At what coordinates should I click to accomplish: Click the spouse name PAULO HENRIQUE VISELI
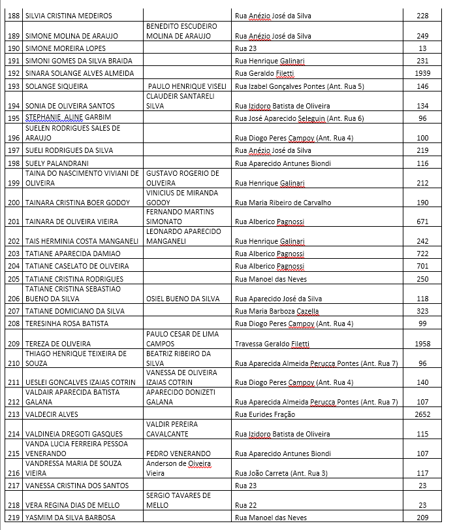click(x=187, y=86)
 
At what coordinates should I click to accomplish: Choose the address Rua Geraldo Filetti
click(x=268, y=74)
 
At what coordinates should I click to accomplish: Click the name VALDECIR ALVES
click(x=52, y=414)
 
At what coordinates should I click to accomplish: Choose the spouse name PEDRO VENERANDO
click(x=178, y=454)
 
